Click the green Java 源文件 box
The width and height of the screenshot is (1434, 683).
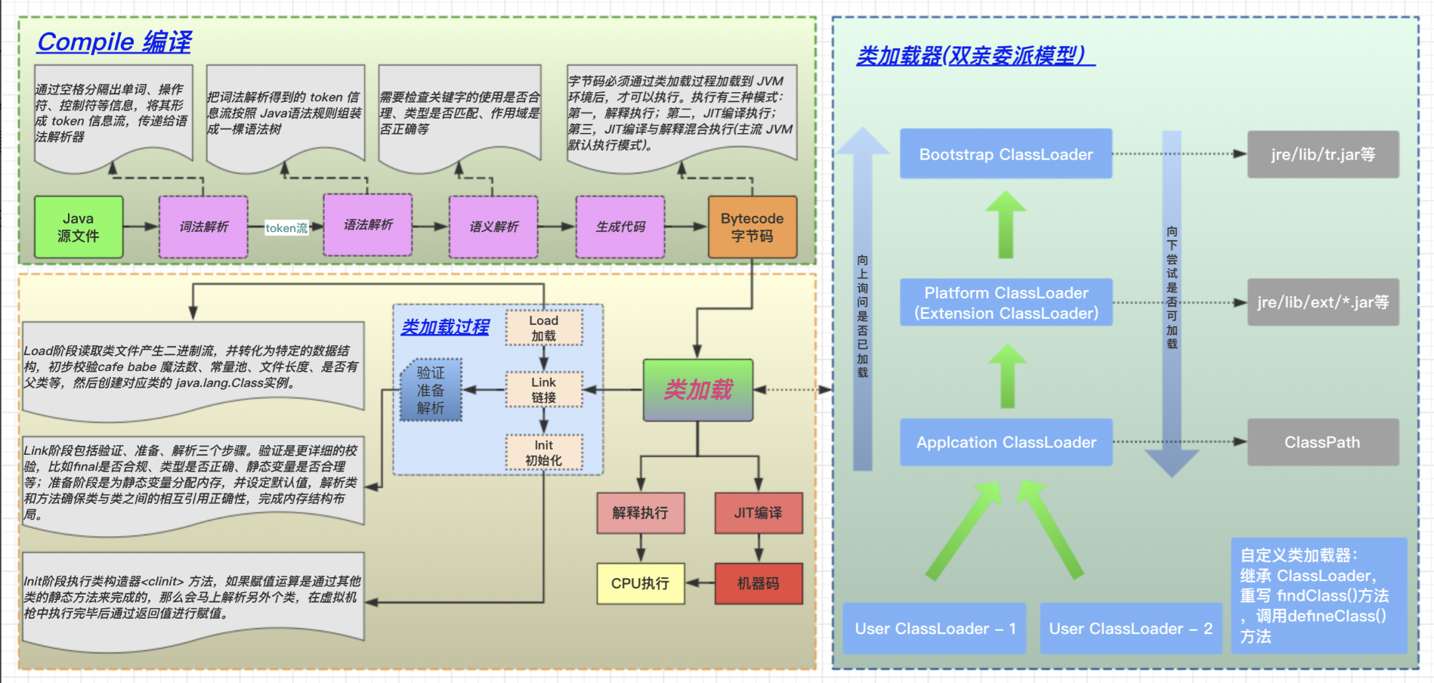coord(79,227)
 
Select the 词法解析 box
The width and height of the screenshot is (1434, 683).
coord(203,227)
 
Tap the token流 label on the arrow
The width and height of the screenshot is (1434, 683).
coord(286,227)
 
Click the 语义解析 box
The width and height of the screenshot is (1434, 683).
coord(493,227)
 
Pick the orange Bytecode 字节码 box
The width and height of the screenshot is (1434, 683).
coord(752,227)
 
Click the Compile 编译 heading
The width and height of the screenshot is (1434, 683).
coord(114,42)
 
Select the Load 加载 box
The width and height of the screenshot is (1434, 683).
coord(543,328)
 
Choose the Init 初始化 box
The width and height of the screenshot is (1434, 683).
coord(543,453)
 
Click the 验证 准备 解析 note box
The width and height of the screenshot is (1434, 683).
coord(431,390)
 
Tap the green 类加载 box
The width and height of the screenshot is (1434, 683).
coord(698,390)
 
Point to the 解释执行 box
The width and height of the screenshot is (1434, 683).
coord(640,513)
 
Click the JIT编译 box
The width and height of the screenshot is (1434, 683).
coord(758,513)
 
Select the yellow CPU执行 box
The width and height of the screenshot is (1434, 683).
coord(640,583)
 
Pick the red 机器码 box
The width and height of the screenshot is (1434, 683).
coord(758,583)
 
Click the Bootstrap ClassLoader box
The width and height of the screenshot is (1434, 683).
coord(1006,154)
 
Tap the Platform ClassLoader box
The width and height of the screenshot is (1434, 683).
coord(1006,302)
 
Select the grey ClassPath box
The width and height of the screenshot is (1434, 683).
coord(1322,442)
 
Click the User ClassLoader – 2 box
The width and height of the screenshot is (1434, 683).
coord(1130,628)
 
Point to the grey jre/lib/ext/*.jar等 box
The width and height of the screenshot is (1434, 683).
coord(1322,302)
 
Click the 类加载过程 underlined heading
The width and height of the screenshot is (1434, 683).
coord(445,327)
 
